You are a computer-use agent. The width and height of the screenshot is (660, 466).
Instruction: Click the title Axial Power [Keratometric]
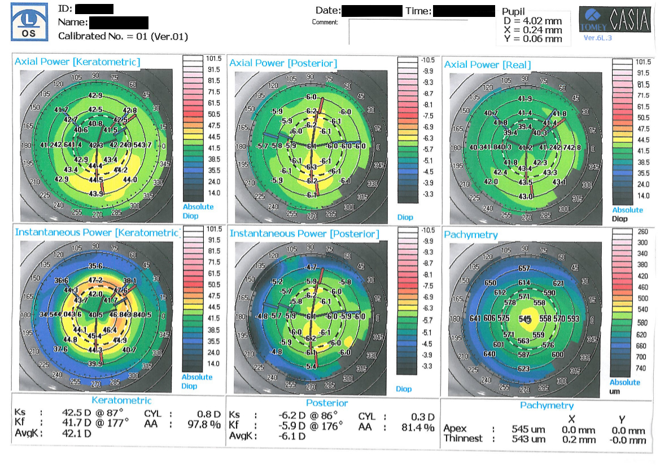tap(77, 61)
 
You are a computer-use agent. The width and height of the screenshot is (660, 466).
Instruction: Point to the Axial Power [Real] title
tap(487, 64)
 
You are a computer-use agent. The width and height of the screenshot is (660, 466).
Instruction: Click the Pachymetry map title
tap(471, 234)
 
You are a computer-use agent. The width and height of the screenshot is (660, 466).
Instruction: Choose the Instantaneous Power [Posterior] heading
tap(304, 233)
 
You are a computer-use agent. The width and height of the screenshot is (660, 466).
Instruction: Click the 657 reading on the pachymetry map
tap(524, 268)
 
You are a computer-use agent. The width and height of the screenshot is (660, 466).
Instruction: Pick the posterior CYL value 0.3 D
tap(421, 417)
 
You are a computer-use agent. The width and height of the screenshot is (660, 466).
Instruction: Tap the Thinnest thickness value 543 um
tap(528, 439)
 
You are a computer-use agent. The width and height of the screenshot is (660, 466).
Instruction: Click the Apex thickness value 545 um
tap(528, 430)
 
